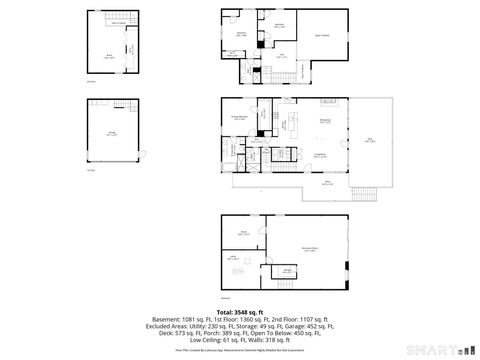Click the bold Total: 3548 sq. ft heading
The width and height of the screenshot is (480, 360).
click(x=240, y=312)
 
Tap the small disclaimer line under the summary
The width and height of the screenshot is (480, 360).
click(x=240, y=351)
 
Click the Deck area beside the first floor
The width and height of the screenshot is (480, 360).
click(x=370, y=140)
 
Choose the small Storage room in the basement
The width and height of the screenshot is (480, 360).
click(x=287, y=270)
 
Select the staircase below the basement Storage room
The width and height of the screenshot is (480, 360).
click(x=287, y=282)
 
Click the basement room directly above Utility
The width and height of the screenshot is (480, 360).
click(x=243, y=233)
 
